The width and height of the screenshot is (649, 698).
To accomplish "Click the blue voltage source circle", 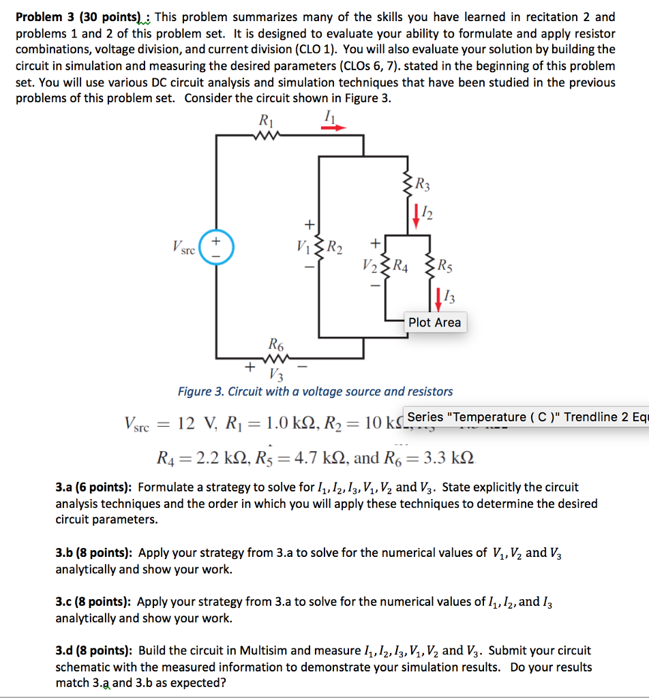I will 216,249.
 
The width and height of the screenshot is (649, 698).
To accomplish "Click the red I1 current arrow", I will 335,127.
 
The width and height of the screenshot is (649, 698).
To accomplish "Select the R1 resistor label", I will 265,121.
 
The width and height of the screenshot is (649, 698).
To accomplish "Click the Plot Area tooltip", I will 434,322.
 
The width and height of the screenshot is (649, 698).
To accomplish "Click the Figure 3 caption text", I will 315,391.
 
